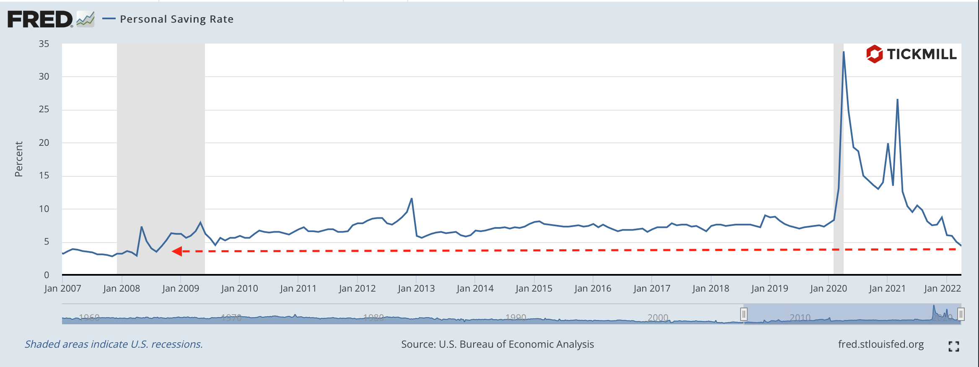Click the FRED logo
pos(40,19)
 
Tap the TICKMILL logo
pos(911,54)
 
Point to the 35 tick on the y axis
pos(44,44)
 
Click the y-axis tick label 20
pos(44,143)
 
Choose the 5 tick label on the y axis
pos(46,242)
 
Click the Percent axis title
pos(18,159)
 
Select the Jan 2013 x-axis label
pos(416,289)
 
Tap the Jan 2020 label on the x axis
pos(828,289)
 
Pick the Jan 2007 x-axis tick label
pos(62,289)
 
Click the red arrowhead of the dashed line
pos(177,251)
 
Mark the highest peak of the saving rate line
pos(843,52)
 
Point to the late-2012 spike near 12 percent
pos(412,199)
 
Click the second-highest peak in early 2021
pos(897,100)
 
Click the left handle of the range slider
pos(743,314)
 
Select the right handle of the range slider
pos(961,314)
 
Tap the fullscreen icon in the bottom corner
pos(953,346)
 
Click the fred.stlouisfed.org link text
pos(881,344)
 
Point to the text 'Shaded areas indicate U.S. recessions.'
pos(114,344)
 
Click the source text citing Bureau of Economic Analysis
pos(497,344)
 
